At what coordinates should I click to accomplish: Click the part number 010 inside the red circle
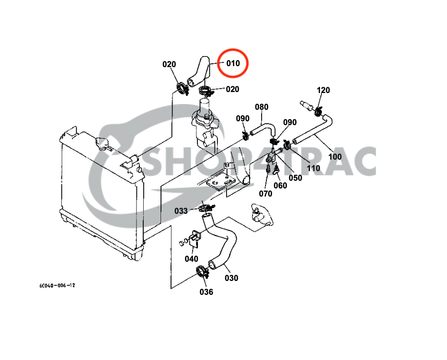click(233, 63)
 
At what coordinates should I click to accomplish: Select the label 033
click(181, 210)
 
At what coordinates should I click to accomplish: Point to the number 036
click(206, 291)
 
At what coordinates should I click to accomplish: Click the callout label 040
click(191, 259)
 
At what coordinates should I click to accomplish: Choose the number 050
click(295, 178)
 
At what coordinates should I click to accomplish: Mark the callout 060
click(280, 186)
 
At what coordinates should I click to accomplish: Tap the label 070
click(265, 193)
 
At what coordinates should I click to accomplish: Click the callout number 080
click(262, 106)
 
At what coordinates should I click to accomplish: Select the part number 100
click(335, 156)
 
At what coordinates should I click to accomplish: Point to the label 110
click(313, 168)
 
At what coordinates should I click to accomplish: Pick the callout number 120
click(323, 90)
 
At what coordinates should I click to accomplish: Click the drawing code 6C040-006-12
click(57, 286)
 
